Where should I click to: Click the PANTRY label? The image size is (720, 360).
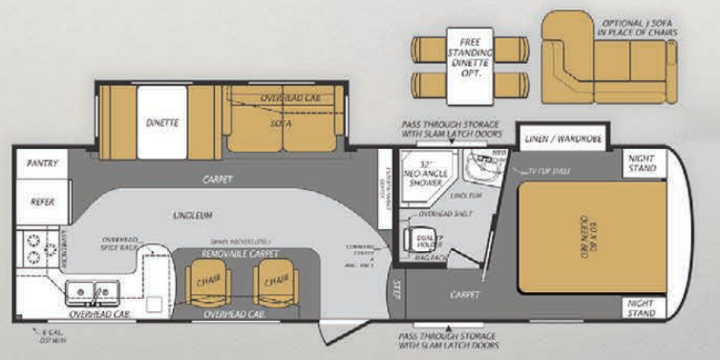(x=42, y=163)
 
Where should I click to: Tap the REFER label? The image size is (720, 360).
(x=42, y=201)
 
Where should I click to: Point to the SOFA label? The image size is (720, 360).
(x=280, y=122)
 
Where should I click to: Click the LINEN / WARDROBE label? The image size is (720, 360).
(x=565, y=139)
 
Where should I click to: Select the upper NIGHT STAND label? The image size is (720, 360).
(x=642, y=163)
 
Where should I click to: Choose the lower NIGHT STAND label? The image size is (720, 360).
(x=642, y=307)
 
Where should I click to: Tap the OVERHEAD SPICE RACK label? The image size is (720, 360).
(x=119, y=244)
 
